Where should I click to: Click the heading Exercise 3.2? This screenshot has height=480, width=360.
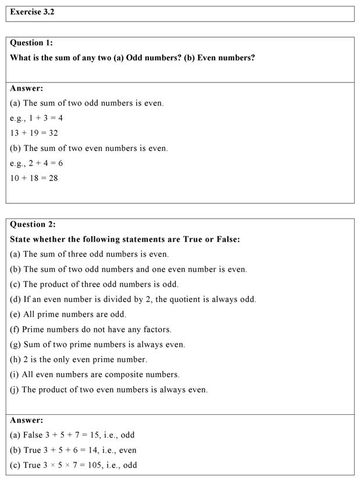click(33, 12)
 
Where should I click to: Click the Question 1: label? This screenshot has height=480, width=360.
click(33, 42)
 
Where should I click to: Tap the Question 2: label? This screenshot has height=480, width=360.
click(33, 224)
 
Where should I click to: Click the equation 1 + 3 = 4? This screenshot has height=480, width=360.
click(46, 118)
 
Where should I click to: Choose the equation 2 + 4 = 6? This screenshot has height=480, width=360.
click(46, 163)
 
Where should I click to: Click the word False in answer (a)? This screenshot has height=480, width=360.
click(33, 435)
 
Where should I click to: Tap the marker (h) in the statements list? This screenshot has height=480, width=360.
click(15, 360)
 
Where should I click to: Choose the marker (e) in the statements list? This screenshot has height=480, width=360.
click(15, 314)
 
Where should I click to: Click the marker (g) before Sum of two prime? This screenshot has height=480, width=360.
click(15, 345)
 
